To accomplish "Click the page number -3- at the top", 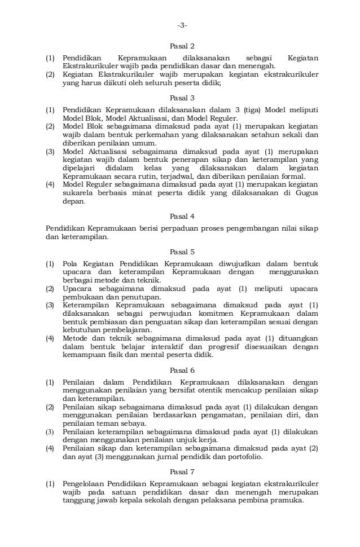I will click(182, 25).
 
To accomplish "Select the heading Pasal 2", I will click(182, 46).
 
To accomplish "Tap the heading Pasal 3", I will click(182, 98).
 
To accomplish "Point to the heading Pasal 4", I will click(182, 216).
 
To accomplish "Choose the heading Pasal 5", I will click(182, 252).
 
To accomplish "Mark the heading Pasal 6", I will click(182, 370).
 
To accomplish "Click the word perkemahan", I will click(151, 135).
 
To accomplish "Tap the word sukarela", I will click(75, 192).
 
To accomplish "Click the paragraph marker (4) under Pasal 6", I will click(50, 449).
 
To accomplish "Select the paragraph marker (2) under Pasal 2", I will click(50, 74).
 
